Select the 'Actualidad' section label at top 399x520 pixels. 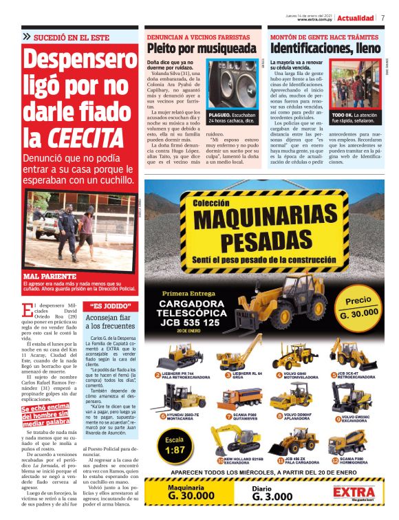coord(356,18)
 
